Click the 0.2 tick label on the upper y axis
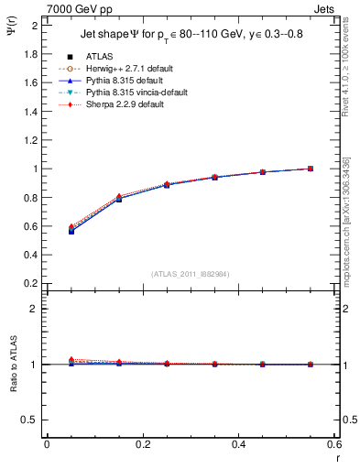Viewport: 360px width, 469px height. (30, 283)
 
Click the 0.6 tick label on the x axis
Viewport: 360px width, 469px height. (333, 444)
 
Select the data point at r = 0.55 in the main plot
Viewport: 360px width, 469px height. (310, 169)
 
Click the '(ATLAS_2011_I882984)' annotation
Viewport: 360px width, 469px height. (191, 274)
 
